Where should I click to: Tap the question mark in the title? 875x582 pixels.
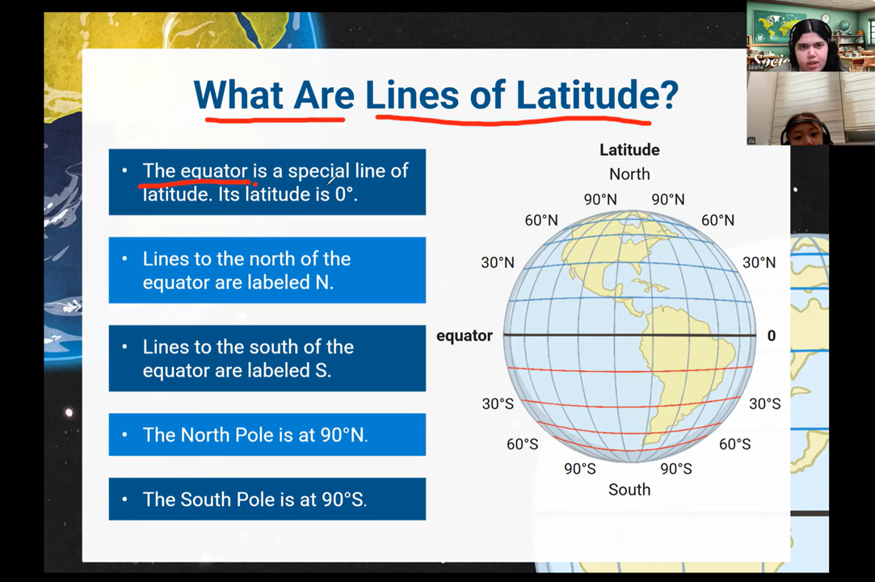[x=667, y=95]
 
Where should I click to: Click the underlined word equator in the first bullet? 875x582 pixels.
[x=214, y=171]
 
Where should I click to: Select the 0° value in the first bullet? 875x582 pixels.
[x=344, y=194]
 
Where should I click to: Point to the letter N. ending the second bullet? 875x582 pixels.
[x=324, y=282]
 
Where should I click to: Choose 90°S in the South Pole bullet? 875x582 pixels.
[x=343, y=500]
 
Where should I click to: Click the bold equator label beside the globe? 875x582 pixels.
[x=465, y=336]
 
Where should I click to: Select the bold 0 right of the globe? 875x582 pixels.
[x=772, y=335]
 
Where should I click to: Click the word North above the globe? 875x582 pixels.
[x=629, y=175]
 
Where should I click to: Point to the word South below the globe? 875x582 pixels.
[x=629, y=490]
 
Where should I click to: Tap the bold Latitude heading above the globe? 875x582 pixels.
[x=629, y=150]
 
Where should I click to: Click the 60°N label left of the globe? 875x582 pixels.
[x=541, y=220]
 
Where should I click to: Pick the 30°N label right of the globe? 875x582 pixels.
[x=759, y=263]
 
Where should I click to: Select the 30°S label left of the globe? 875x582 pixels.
[x=498, y=404]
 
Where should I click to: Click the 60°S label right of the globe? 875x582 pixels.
[x=735, y=444]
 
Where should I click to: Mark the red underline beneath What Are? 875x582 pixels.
[x=275, y=119]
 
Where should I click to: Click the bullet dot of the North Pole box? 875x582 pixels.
[x=124, y=435]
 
